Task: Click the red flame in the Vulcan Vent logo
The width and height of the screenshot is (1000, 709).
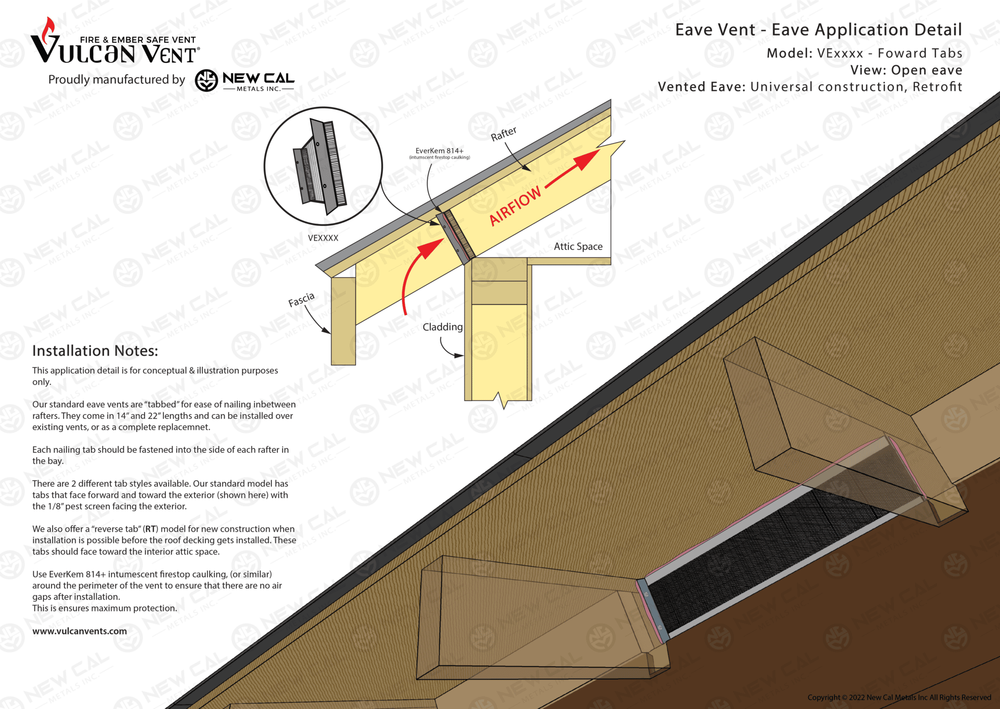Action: coord(48,30)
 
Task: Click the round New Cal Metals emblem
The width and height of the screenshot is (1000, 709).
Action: coord(207,81)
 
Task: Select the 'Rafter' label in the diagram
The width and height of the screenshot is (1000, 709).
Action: coord(503,134)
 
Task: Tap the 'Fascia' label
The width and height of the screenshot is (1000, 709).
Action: coord(301,300)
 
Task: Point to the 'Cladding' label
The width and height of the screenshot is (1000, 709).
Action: coord(442,327)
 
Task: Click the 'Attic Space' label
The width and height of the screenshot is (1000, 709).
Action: coord(578,246)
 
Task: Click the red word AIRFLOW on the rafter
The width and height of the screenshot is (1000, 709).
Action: coord(516,205)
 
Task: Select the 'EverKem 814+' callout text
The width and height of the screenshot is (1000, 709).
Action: coord(439,151)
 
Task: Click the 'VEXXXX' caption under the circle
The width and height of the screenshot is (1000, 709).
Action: coord(323,238)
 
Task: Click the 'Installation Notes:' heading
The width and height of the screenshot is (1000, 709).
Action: coord(95,351)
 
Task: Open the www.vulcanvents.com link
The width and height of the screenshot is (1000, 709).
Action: coord(80,631)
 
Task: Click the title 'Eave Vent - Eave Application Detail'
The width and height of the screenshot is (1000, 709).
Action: coord(818,30)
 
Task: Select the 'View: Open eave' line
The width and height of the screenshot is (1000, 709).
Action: coord(906,70)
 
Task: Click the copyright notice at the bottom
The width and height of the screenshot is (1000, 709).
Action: coord(899,697)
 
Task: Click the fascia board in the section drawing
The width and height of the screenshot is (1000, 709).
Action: coord(343,322)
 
